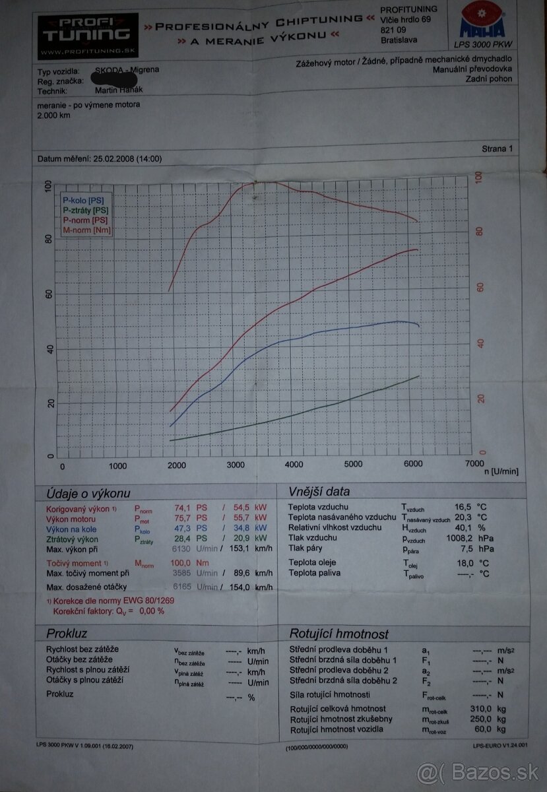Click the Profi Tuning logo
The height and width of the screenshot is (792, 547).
tap(87, 34)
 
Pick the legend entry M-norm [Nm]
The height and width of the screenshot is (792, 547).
tap(86, 230)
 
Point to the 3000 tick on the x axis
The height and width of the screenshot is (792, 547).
tap(235, 465)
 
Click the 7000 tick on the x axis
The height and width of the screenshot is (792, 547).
tap(474, 464)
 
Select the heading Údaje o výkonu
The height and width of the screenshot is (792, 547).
tap(88, 494)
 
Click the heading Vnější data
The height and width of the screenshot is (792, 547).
tap(319, 492)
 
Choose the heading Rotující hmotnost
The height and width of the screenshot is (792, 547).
tap(338, 634)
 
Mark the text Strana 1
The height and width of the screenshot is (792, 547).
tap(496, 149)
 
